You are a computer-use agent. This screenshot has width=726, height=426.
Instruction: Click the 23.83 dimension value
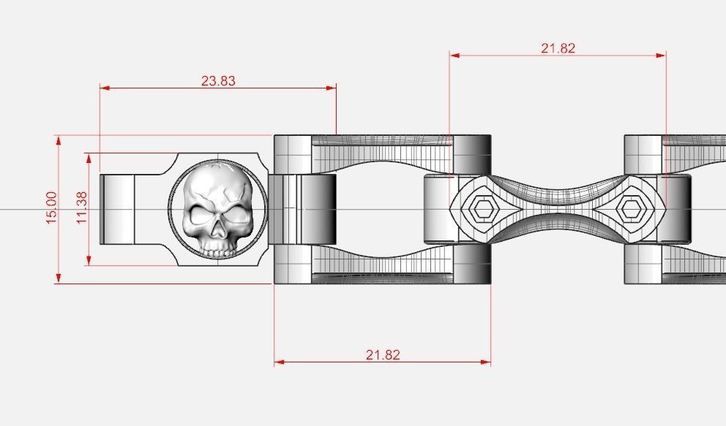point(218,80)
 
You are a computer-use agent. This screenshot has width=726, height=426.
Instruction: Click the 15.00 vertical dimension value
point(51,208)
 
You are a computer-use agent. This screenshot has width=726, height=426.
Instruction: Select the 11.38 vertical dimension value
point(81,208)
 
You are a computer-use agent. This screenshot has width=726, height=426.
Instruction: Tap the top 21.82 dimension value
point(558,48)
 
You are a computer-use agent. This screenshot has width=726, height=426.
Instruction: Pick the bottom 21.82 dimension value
point(383,355)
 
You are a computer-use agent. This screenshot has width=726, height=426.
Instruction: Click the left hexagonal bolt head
point(483,210)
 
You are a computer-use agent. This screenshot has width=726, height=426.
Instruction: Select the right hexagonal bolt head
point(629,210)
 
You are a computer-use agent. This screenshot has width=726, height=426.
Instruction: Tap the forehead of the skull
point(218,185)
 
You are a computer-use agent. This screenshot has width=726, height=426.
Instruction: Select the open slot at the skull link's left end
point(117,209)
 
